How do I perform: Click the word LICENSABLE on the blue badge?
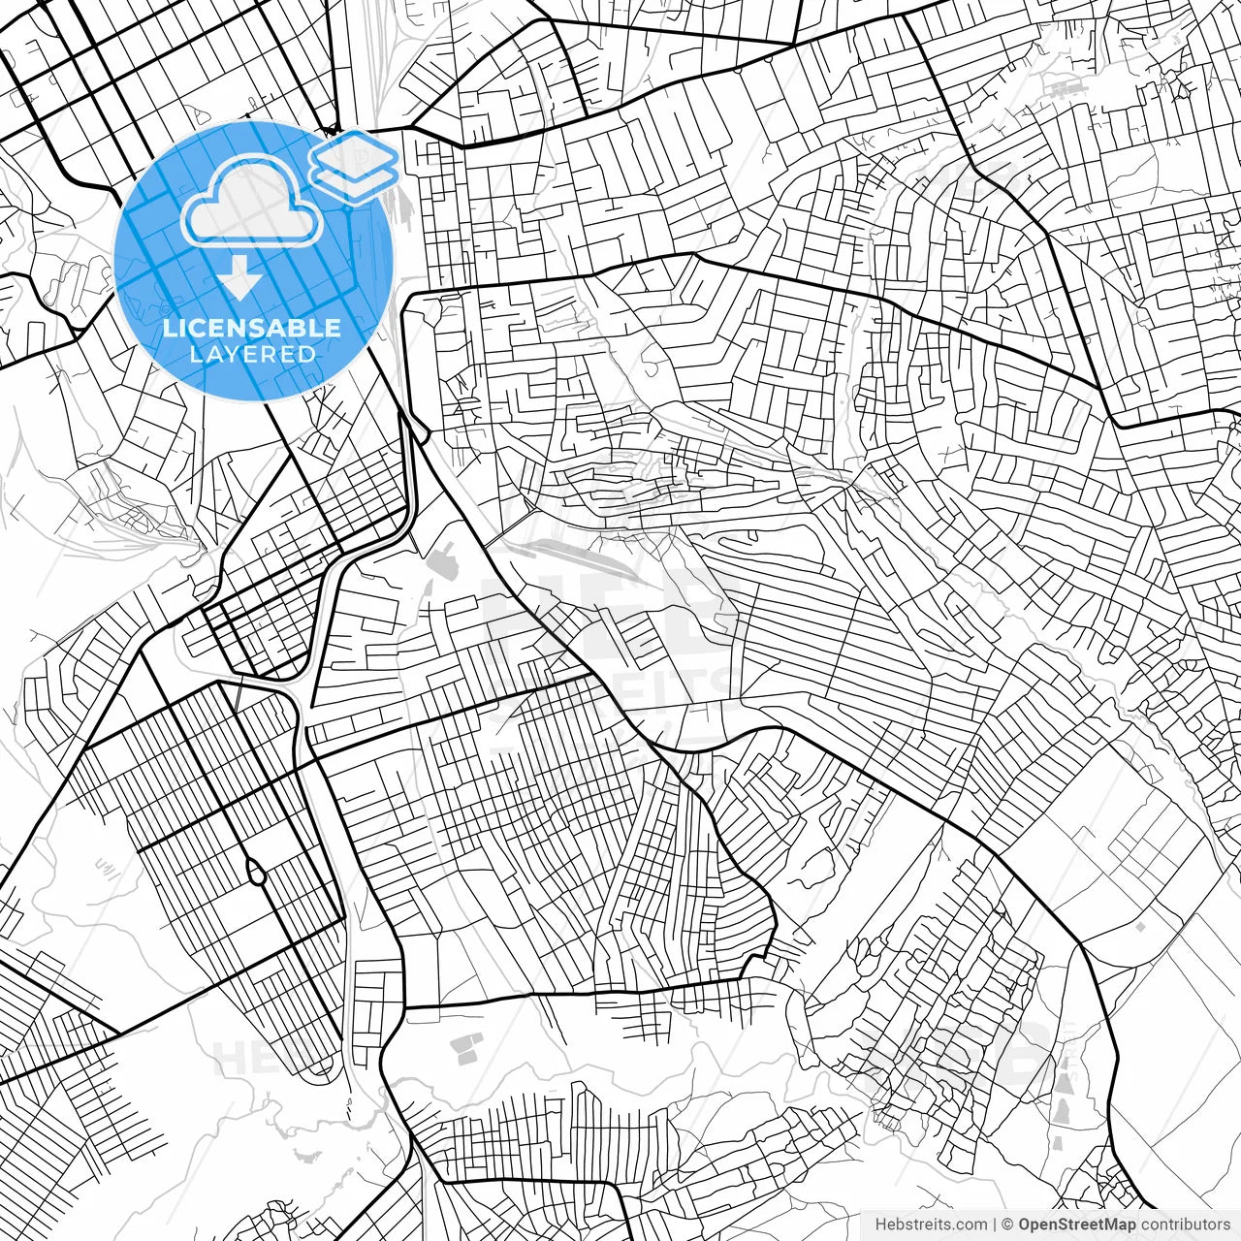tap(252, 328)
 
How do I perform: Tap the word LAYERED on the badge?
tap(252, 355)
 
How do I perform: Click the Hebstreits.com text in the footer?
tap(931, 1225)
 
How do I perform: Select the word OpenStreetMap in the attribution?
tap(1076, 1225)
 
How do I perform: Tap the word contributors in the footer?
tap(1185, 1225)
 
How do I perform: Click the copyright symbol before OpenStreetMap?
tap(1007, 1225)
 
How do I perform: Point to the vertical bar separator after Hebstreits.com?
tap(995, 1225)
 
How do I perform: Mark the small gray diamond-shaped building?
tap(1140, 927)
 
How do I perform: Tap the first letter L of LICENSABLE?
tap(169, 328)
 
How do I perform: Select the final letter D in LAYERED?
tap(308, 355)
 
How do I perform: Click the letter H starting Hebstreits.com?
tap(880, 1225)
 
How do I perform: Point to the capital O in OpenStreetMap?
tap(1025, 1225)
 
